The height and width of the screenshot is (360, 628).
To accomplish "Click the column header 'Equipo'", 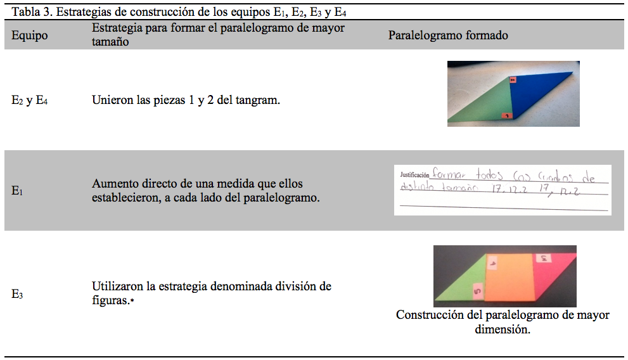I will coord(30,35).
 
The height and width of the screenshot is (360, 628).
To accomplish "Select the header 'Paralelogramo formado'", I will coord(448,35).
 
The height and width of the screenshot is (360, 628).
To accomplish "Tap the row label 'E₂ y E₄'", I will coord(30,100).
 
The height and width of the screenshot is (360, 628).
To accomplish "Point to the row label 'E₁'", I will coord(18,190).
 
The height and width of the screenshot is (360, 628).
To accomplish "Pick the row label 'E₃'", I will coord(18,294).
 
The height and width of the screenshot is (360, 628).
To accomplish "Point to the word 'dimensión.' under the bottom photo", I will coord(503,330).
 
